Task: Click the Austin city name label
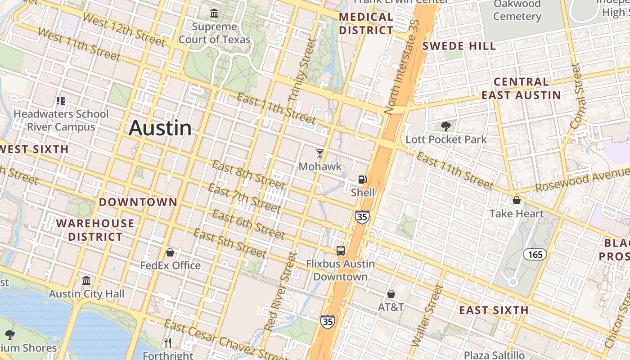[x=160, y=128]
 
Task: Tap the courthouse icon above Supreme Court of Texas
[x=214, y=13]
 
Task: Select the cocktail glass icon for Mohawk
[x=320, y=153]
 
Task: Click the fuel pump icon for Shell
[x=362, y=180]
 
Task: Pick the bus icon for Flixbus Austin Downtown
[x=341, y=251]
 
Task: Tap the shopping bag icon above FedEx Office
[x=170, y=253]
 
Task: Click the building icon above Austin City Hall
[x=86, y=281]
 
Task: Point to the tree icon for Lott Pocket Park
[x=446, y=126]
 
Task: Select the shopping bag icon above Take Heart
[x=517, y=200]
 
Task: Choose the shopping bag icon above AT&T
[x=391, y=294]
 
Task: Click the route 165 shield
[x=535, y=254]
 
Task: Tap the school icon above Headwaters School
[x=61, y=101]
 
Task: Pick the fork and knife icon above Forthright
[x=168, y=343]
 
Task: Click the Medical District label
[x=366, y=24]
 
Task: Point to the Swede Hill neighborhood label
[x=459, y=46]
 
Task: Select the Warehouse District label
[x=95, y=230]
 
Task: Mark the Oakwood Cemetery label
[x=517, y=10]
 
